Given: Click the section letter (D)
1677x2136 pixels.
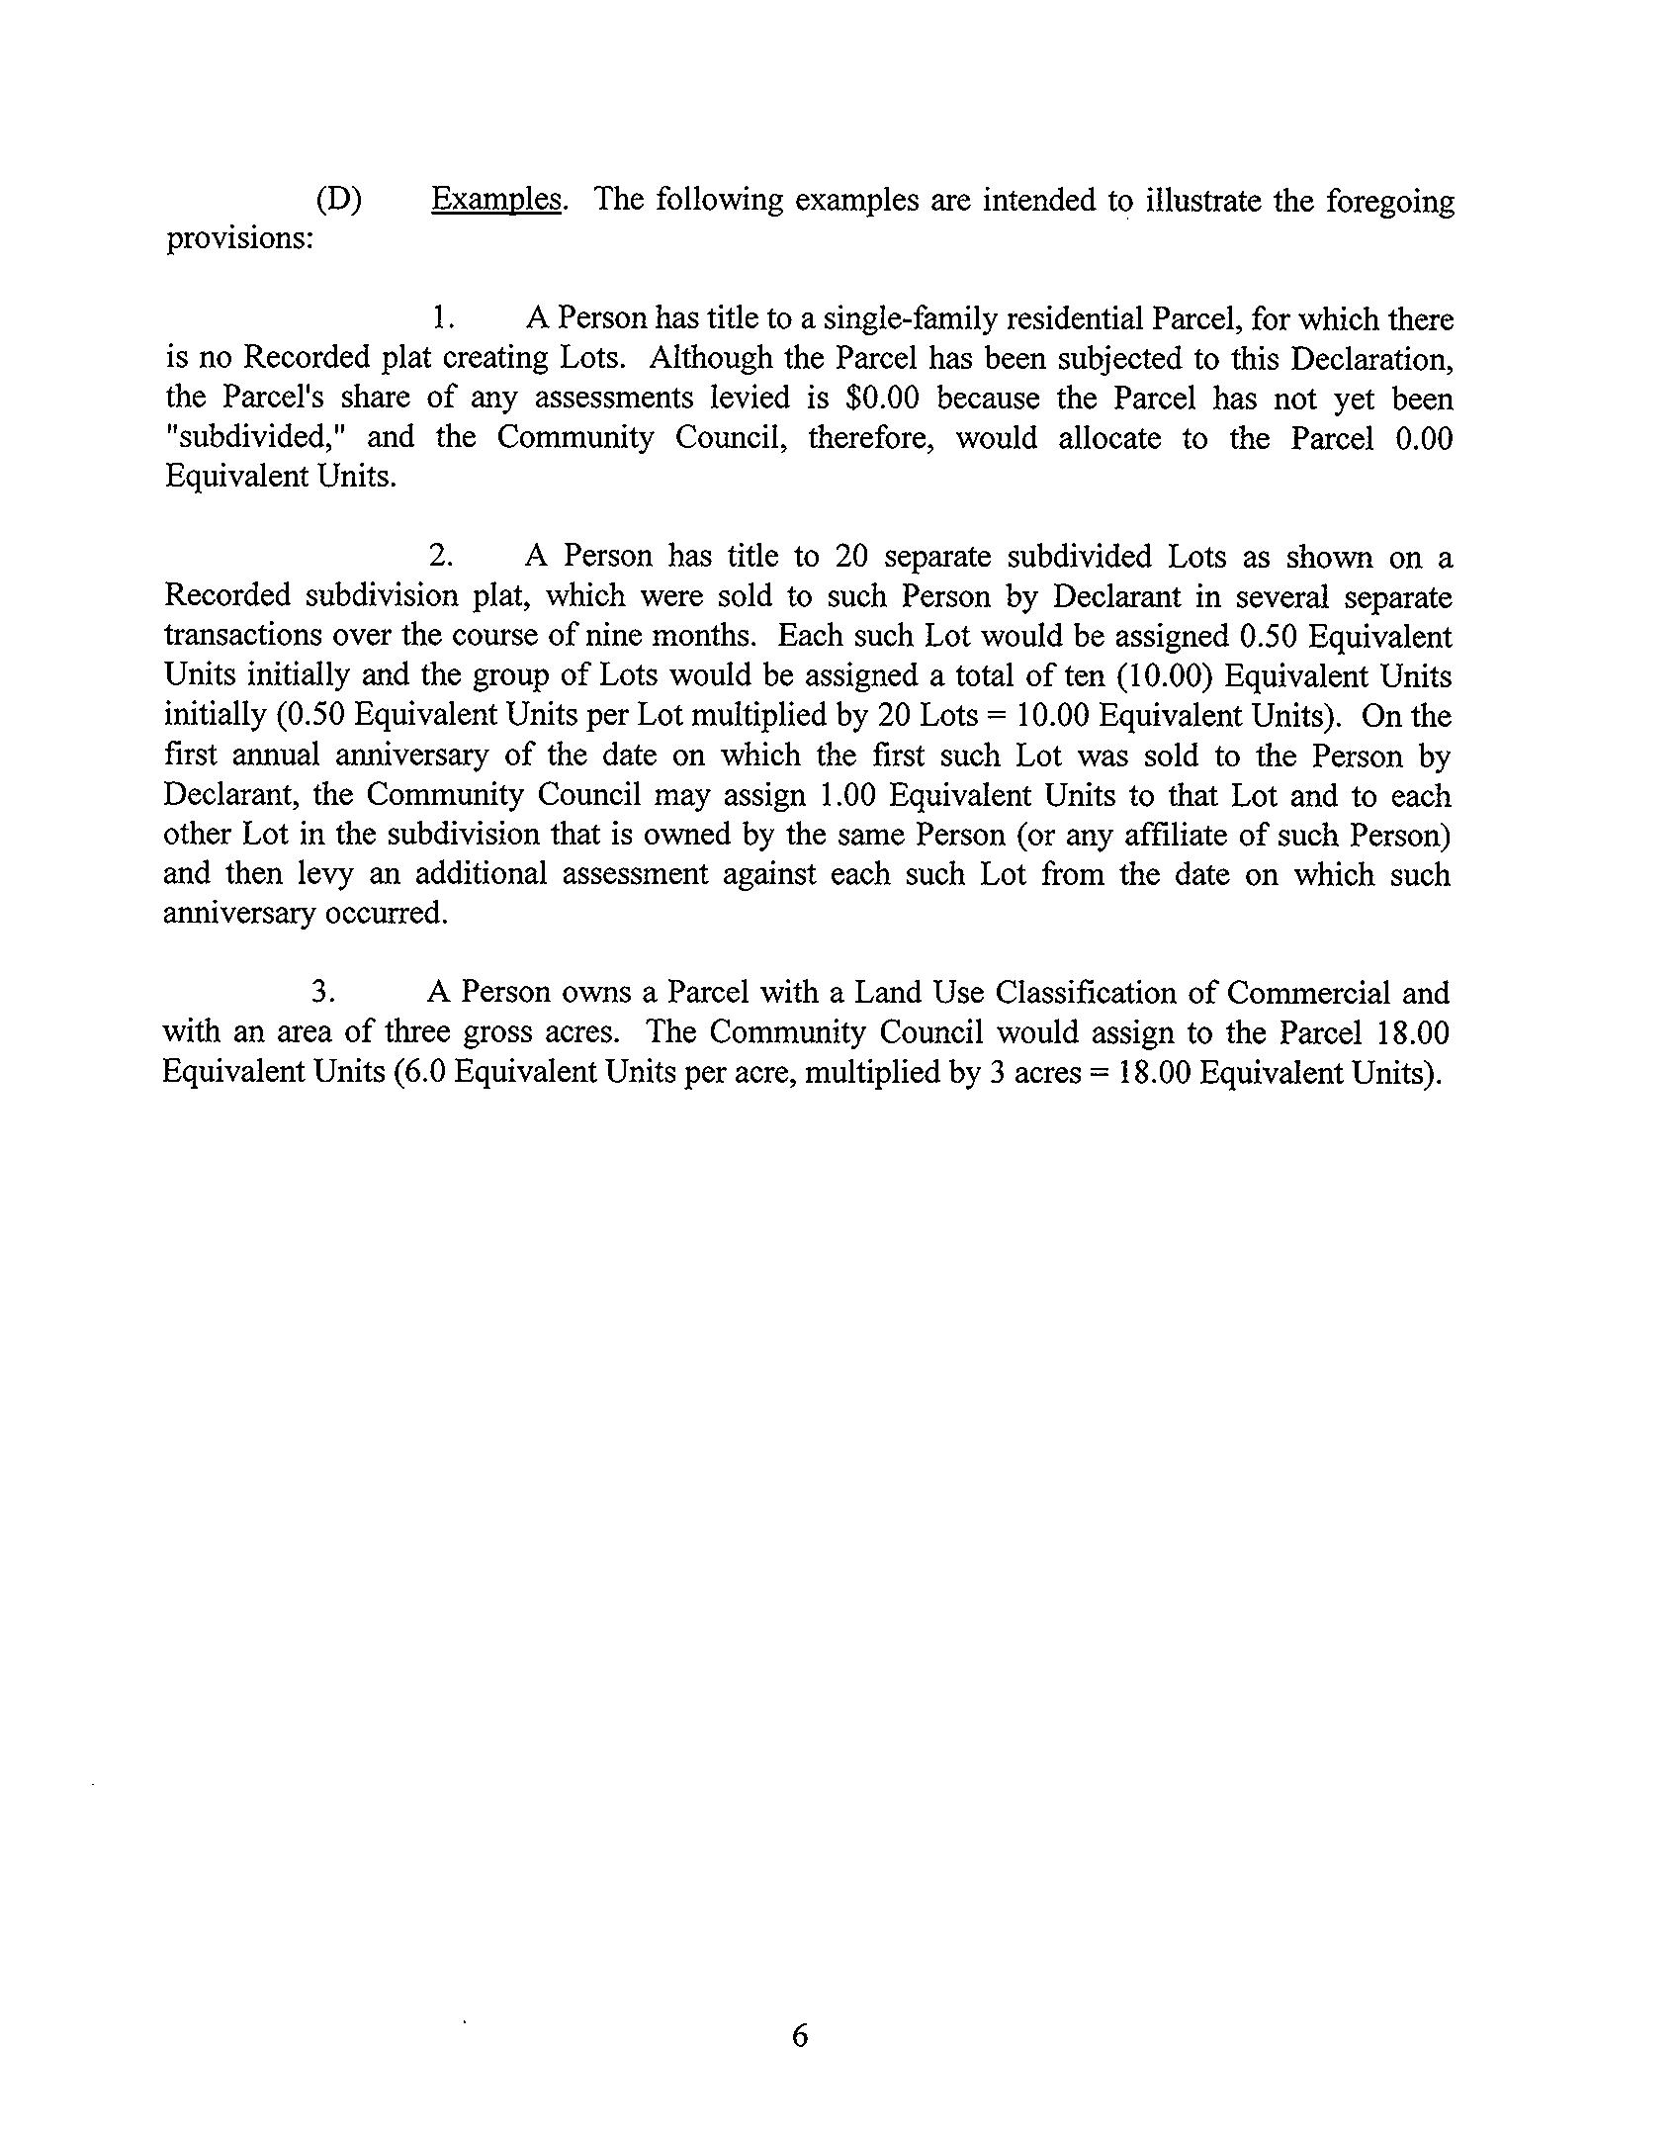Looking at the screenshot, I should pos(339,201).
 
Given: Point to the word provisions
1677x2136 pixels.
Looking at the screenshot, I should pos(238,240).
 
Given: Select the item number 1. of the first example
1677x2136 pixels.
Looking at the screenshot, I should pos(442,319).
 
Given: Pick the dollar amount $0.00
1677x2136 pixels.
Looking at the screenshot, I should pos(883,399).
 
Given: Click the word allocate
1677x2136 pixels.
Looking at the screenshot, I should pos(1109,438).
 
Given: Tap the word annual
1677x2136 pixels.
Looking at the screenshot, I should pos(276,756).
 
